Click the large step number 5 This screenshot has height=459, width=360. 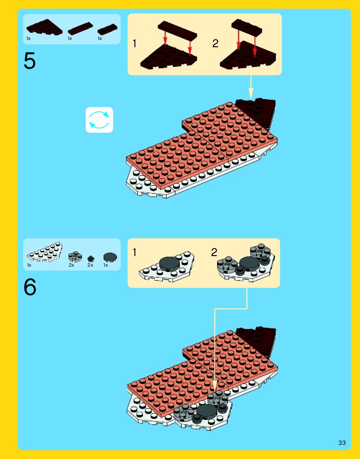[x=30, y=61]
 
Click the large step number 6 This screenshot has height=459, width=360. [x=30, y=287]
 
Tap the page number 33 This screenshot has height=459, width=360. [x=342, y=443]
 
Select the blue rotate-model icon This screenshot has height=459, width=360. [x=99, y=120]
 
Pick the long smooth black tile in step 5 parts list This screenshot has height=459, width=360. [x=80, y=28]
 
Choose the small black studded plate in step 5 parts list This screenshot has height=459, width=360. [x=107, y=29]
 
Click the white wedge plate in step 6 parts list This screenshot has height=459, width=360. [x=45, y=252]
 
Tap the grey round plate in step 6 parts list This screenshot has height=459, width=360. [x=75, y=257]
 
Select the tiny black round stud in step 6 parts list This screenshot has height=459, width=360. [x=91, y=258]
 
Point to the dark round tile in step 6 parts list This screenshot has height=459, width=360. [x=110, y=257]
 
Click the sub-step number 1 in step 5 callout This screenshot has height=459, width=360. [x=134, y=44]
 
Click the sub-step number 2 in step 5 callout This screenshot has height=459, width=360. [x=215, y=43]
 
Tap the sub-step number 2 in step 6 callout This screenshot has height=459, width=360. [x=214, y=252]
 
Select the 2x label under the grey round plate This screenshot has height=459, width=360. [x=71, y=265]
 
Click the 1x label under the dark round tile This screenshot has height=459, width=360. [x=106, y=265]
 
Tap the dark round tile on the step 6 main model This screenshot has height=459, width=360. [x=207, y=411]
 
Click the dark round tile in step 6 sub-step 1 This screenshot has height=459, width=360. [x=169, y=263]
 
